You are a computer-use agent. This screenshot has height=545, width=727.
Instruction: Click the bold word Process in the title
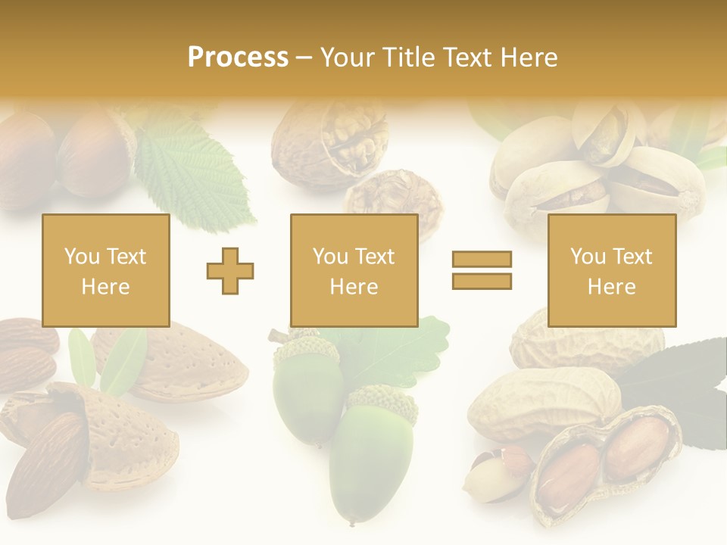click(x=238, y=57)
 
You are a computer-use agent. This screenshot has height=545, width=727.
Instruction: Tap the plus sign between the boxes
click(x=230, y=270)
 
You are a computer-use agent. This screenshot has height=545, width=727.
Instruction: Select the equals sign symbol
click(x=482, y=270)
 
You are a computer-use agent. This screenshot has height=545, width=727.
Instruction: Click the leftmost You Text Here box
click(x=106, y=270)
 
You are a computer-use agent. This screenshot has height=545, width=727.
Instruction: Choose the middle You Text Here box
click(x=354, y=270)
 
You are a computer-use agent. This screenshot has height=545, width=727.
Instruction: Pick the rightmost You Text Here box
click(x=611, y=270)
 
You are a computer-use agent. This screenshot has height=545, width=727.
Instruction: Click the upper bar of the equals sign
click(x=482, y=260)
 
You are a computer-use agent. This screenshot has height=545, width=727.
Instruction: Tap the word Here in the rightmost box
click(x=611, y=287)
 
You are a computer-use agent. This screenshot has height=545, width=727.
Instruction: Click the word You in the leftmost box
click(x=81, y=257)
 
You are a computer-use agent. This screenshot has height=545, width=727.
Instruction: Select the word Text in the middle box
click(x=375, y=257)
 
